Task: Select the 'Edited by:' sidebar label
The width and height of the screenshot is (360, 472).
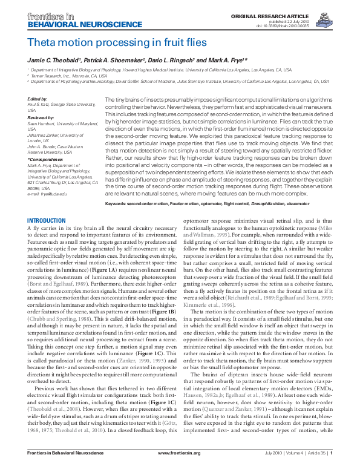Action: [38, 99]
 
